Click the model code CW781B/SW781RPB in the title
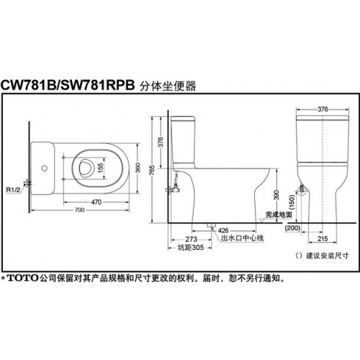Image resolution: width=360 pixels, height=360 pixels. coord(68,85)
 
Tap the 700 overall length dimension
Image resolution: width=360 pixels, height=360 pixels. coord(79,210)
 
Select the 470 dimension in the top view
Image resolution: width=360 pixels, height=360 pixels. coord(96,202)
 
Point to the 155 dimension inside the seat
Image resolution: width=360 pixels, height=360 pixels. coord(101,168)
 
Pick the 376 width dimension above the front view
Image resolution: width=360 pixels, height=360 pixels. coord(323,109)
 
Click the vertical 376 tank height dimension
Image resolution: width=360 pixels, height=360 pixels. coord(161,142)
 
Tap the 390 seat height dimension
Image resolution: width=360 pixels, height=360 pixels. coord(276,195)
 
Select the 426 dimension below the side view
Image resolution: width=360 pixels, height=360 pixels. coord(223,230)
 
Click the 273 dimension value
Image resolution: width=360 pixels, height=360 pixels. coord(191,239)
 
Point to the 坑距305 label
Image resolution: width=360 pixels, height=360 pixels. coord(191,248)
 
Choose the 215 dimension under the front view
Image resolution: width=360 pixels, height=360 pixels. coord(323,239)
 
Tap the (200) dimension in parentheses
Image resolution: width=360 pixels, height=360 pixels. coord(292,228)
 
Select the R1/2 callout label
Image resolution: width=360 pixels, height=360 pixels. coord(13,190)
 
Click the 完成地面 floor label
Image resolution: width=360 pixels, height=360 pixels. coord(279,215)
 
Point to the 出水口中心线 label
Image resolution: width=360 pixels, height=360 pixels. coord(243,238)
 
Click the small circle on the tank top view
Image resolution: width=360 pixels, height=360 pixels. coord(44,168)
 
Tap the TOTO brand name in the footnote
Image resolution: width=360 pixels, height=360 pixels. coord(23,278)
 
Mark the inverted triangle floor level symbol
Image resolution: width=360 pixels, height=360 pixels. coord(262,220)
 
